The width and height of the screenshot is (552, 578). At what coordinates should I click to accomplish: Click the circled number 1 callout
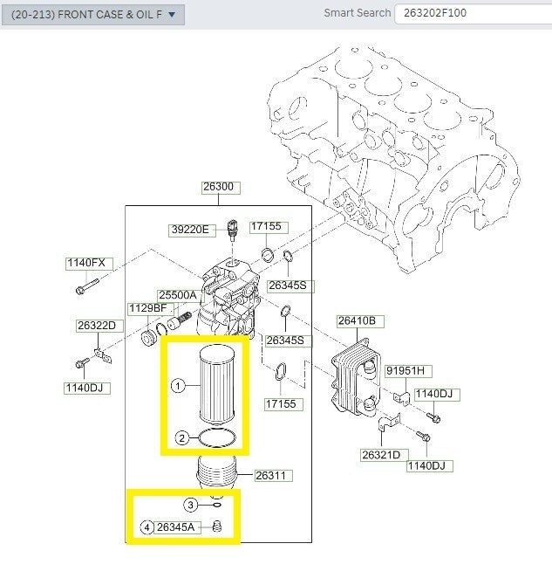[178, 386]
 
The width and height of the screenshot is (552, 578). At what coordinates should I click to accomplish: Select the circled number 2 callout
[181, 438]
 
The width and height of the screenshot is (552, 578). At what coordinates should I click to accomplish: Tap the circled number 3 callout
[190, 505]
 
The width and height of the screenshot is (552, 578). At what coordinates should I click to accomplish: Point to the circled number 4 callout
[147, 527]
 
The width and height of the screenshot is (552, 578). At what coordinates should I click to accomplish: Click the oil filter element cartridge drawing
[217, 384]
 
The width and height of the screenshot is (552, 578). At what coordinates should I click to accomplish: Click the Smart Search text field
[474, 14]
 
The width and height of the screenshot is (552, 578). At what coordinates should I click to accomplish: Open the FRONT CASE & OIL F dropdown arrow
[172, 15]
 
